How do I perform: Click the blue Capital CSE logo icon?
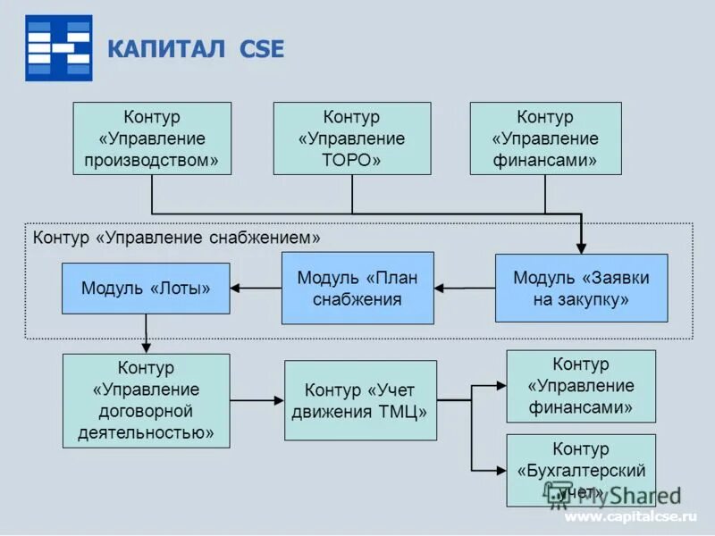click(x=58, y=48)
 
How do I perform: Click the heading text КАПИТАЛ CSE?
click(x=195, y=49)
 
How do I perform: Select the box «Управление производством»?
click(x=151, y=138)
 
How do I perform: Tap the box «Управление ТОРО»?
click(x=351, y=138)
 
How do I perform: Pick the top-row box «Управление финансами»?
click(x=545, y=138)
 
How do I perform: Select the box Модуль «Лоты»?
click(x=146, y=288)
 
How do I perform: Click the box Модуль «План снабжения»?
click(x=357, y=288)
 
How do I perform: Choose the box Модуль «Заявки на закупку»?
click(x=581, y=288)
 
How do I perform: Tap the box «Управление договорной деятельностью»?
click(x=146, y=400)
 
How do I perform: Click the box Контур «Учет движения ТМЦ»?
click(x=360, y=400)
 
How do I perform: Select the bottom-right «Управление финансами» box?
click(x=580, y=386)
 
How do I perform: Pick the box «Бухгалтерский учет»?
click(x=580, y=470)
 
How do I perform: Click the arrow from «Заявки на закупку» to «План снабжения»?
click(x=465, y=288)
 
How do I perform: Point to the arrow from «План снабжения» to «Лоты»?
click(x=256, y=288)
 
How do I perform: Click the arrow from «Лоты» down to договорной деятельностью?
click(x=146, y=334)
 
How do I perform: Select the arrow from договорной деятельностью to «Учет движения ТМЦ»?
click(x=257, y=400)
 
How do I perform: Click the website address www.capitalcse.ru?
click(x=629, y=517)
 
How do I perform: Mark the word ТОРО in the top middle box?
click(x=351, y=161)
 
